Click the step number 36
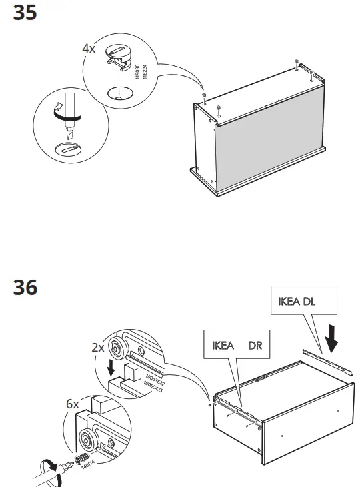click(x=25, y=288)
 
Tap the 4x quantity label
click(x=89, y=49)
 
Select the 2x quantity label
click(x=97, y=348)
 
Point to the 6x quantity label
click(x=72, y=404)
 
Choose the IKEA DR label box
click(x=237, y=346)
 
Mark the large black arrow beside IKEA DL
click(x=331, y=340)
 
